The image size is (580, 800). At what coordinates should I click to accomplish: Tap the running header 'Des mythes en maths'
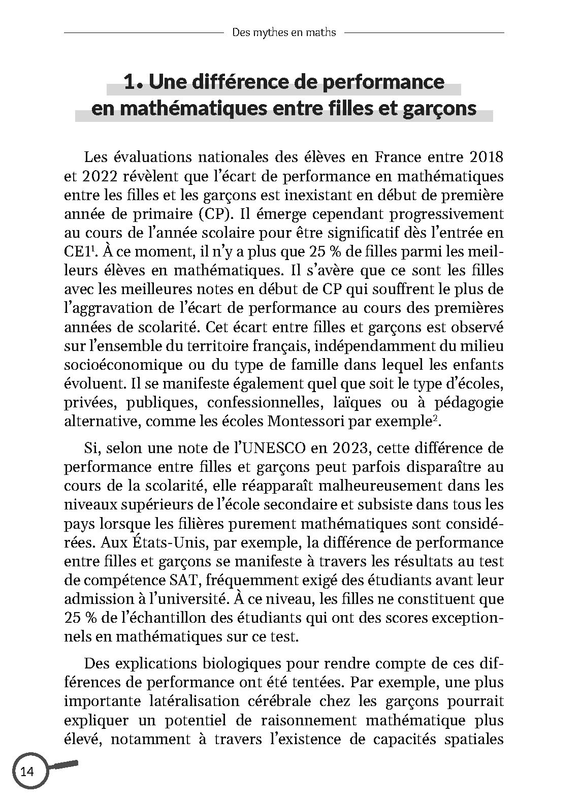coord(284,33)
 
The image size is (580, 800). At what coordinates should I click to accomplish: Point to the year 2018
coord(486,157)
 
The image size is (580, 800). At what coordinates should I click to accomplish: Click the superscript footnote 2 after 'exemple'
coord(428,418)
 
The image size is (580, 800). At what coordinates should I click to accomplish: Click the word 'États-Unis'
coord(162,542)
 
